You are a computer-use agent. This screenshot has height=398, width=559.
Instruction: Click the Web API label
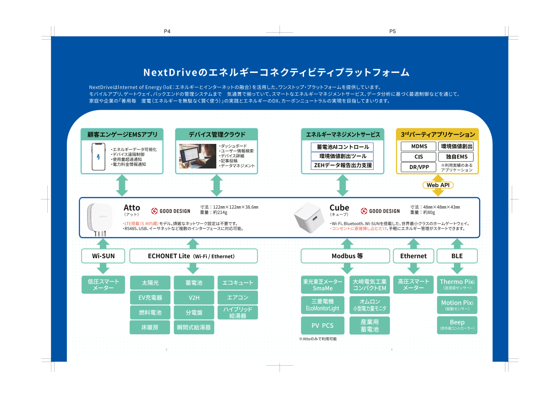click(x=438, y=185)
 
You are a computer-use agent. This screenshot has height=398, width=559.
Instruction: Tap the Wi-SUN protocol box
click(x=103, y=256)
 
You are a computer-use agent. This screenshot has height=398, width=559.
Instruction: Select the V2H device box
click(x=194, y=298)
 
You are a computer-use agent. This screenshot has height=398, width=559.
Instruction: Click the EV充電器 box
click(x=150, y=298)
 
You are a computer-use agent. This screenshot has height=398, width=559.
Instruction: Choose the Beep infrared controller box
click(x=457, y=325)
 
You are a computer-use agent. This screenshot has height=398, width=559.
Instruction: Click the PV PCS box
click(x=322, y=325)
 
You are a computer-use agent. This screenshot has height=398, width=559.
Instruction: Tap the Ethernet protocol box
click(x=413, y=256)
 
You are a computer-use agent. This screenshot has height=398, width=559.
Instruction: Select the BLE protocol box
click(x=457, y=256)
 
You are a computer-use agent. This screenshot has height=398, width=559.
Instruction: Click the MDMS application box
click(x=419, y=146)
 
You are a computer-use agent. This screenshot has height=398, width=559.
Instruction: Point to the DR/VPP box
click(x=419, y=167)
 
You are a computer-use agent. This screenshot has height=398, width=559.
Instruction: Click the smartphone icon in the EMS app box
click(x=99, y=156)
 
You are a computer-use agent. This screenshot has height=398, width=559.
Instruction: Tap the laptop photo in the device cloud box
click(x=197, y=156)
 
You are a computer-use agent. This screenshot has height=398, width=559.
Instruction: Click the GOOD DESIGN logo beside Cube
click(x=380, y=211)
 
